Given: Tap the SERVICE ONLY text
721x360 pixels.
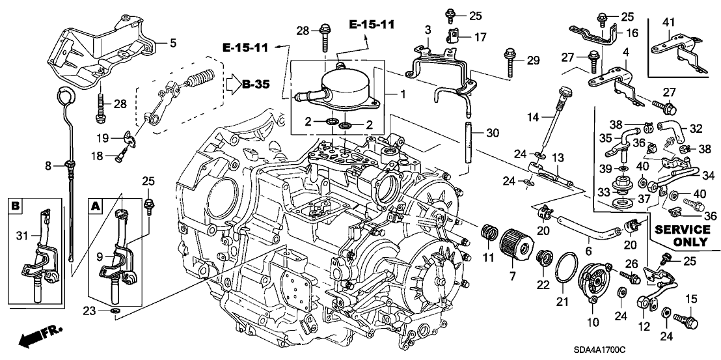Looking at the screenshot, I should coord(682,235).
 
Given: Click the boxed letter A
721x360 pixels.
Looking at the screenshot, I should coord(95,206).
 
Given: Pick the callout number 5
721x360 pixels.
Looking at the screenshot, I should coord(172,44).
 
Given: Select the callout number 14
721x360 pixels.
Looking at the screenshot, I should coord(534,117).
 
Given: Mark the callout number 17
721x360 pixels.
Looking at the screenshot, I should coord(480,38).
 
